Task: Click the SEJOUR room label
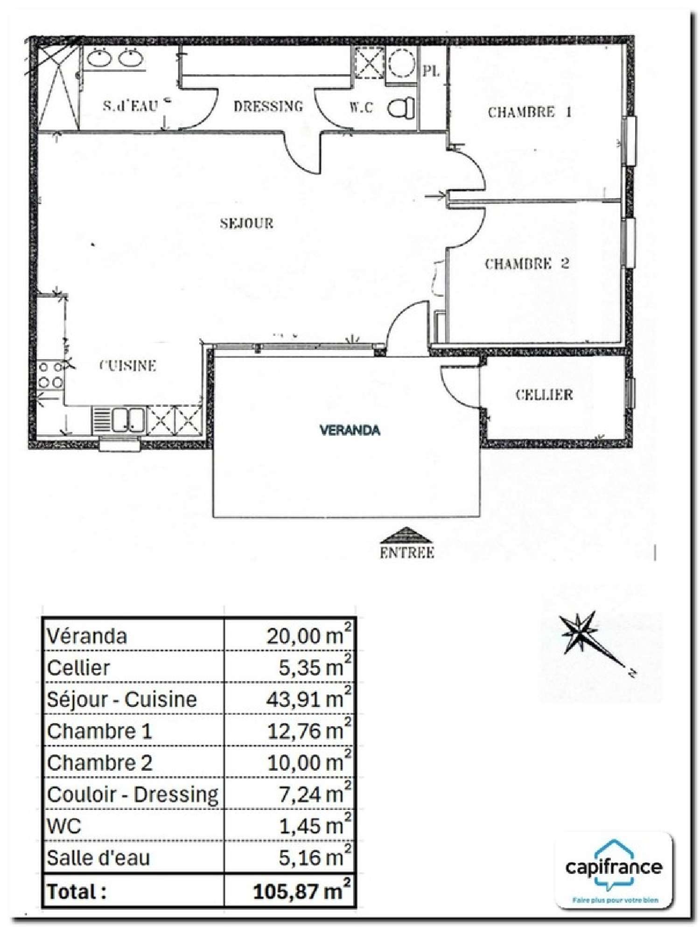246,223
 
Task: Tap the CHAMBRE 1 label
529,112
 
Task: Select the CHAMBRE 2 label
527,264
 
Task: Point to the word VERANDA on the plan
350,430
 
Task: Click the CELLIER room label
544,395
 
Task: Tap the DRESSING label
268,106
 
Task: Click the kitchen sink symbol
119,419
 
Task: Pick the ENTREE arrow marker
406,536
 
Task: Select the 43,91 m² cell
308,699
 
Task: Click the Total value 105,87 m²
301,892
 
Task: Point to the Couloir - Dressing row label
133,795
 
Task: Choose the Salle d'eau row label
98,858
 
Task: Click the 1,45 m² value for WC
315,826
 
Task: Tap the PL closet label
431,72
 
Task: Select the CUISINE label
128,366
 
